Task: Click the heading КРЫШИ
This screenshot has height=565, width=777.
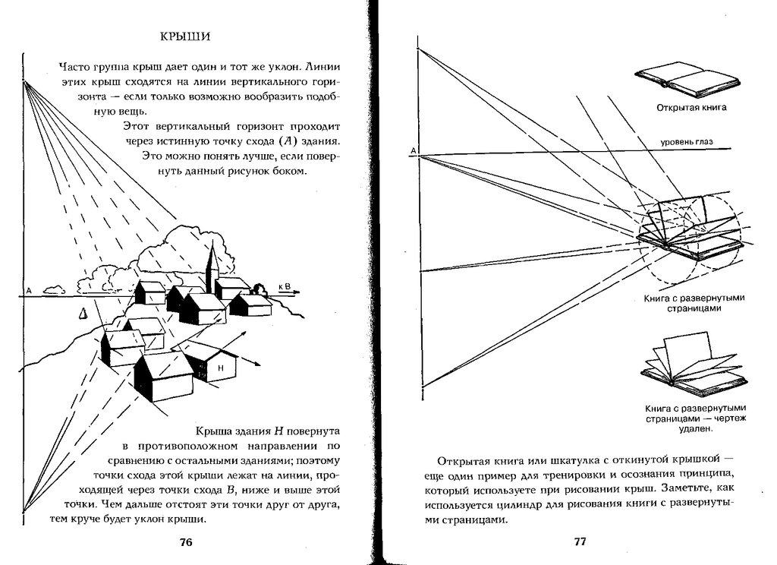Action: point(186,36)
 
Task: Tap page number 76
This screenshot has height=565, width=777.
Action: point(186,542)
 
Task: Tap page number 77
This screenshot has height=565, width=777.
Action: point(580,542)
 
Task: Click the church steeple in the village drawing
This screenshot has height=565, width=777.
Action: point(212,262)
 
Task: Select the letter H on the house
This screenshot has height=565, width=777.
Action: point(220,368)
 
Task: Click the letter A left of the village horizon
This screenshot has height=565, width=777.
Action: point(28,291)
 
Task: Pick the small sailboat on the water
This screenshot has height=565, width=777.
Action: point(83,312)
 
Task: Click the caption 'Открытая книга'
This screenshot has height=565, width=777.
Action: point(691,107)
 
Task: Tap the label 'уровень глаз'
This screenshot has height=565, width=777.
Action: point(685,141)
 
